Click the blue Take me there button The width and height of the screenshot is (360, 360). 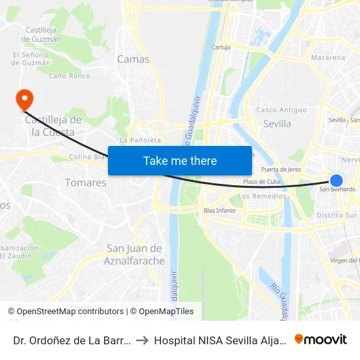180,160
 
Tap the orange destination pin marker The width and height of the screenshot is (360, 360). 24,99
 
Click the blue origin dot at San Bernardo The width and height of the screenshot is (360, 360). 336,181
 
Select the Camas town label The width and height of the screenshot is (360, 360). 133,59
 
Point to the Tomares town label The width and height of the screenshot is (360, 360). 85,183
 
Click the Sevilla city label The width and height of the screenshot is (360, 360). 277,124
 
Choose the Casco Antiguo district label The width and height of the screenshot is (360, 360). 281,110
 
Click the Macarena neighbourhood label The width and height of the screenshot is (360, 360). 328,58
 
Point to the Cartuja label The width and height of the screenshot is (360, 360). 221,47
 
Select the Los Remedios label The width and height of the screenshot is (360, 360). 262,196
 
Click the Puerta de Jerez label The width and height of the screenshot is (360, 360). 281,169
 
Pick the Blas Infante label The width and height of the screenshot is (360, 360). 219,211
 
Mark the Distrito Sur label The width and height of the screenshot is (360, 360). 337,215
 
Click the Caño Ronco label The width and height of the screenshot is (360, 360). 69,76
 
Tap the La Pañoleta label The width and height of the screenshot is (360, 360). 140,140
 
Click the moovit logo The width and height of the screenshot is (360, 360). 321,340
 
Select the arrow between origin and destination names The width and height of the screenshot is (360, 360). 142,340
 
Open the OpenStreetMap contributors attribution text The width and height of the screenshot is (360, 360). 70,312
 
